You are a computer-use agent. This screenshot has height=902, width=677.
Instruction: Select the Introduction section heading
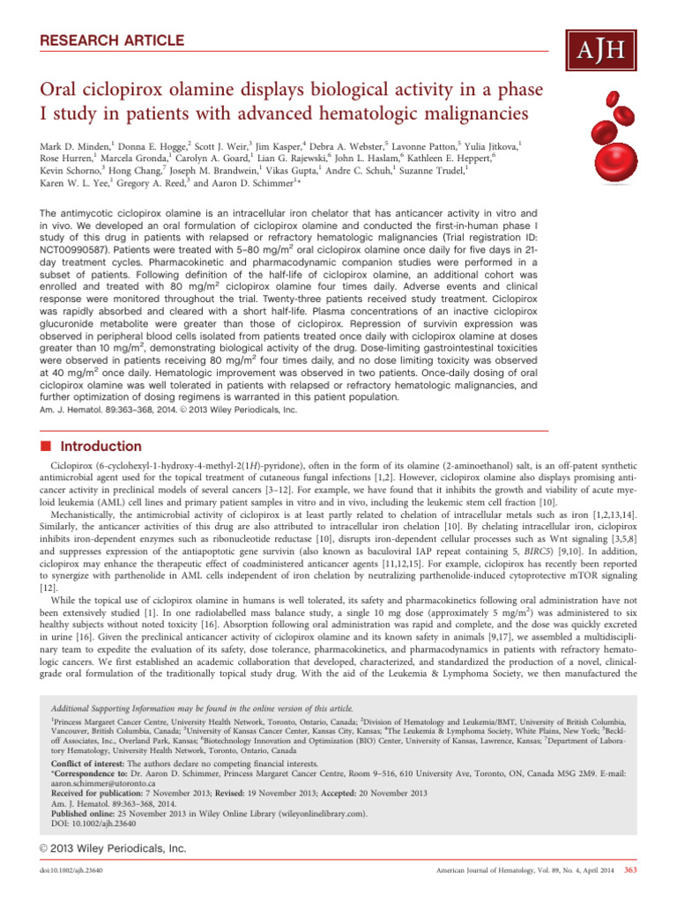(83, 447)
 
